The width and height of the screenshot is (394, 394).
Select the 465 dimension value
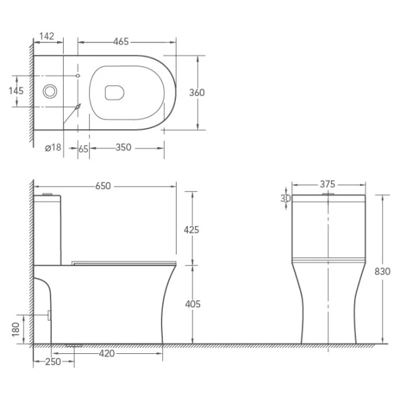120,42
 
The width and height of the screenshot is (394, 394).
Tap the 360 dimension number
196,93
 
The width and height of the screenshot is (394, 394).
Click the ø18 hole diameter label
53,148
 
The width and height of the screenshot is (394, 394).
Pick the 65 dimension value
83,148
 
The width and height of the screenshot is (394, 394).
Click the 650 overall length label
103,186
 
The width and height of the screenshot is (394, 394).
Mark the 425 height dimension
191,229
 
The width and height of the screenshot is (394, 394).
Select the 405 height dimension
191,304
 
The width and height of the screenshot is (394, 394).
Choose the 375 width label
328,185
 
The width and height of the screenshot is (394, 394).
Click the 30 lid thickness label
285,198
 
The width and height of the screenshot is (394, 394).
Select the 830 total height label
382,271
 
